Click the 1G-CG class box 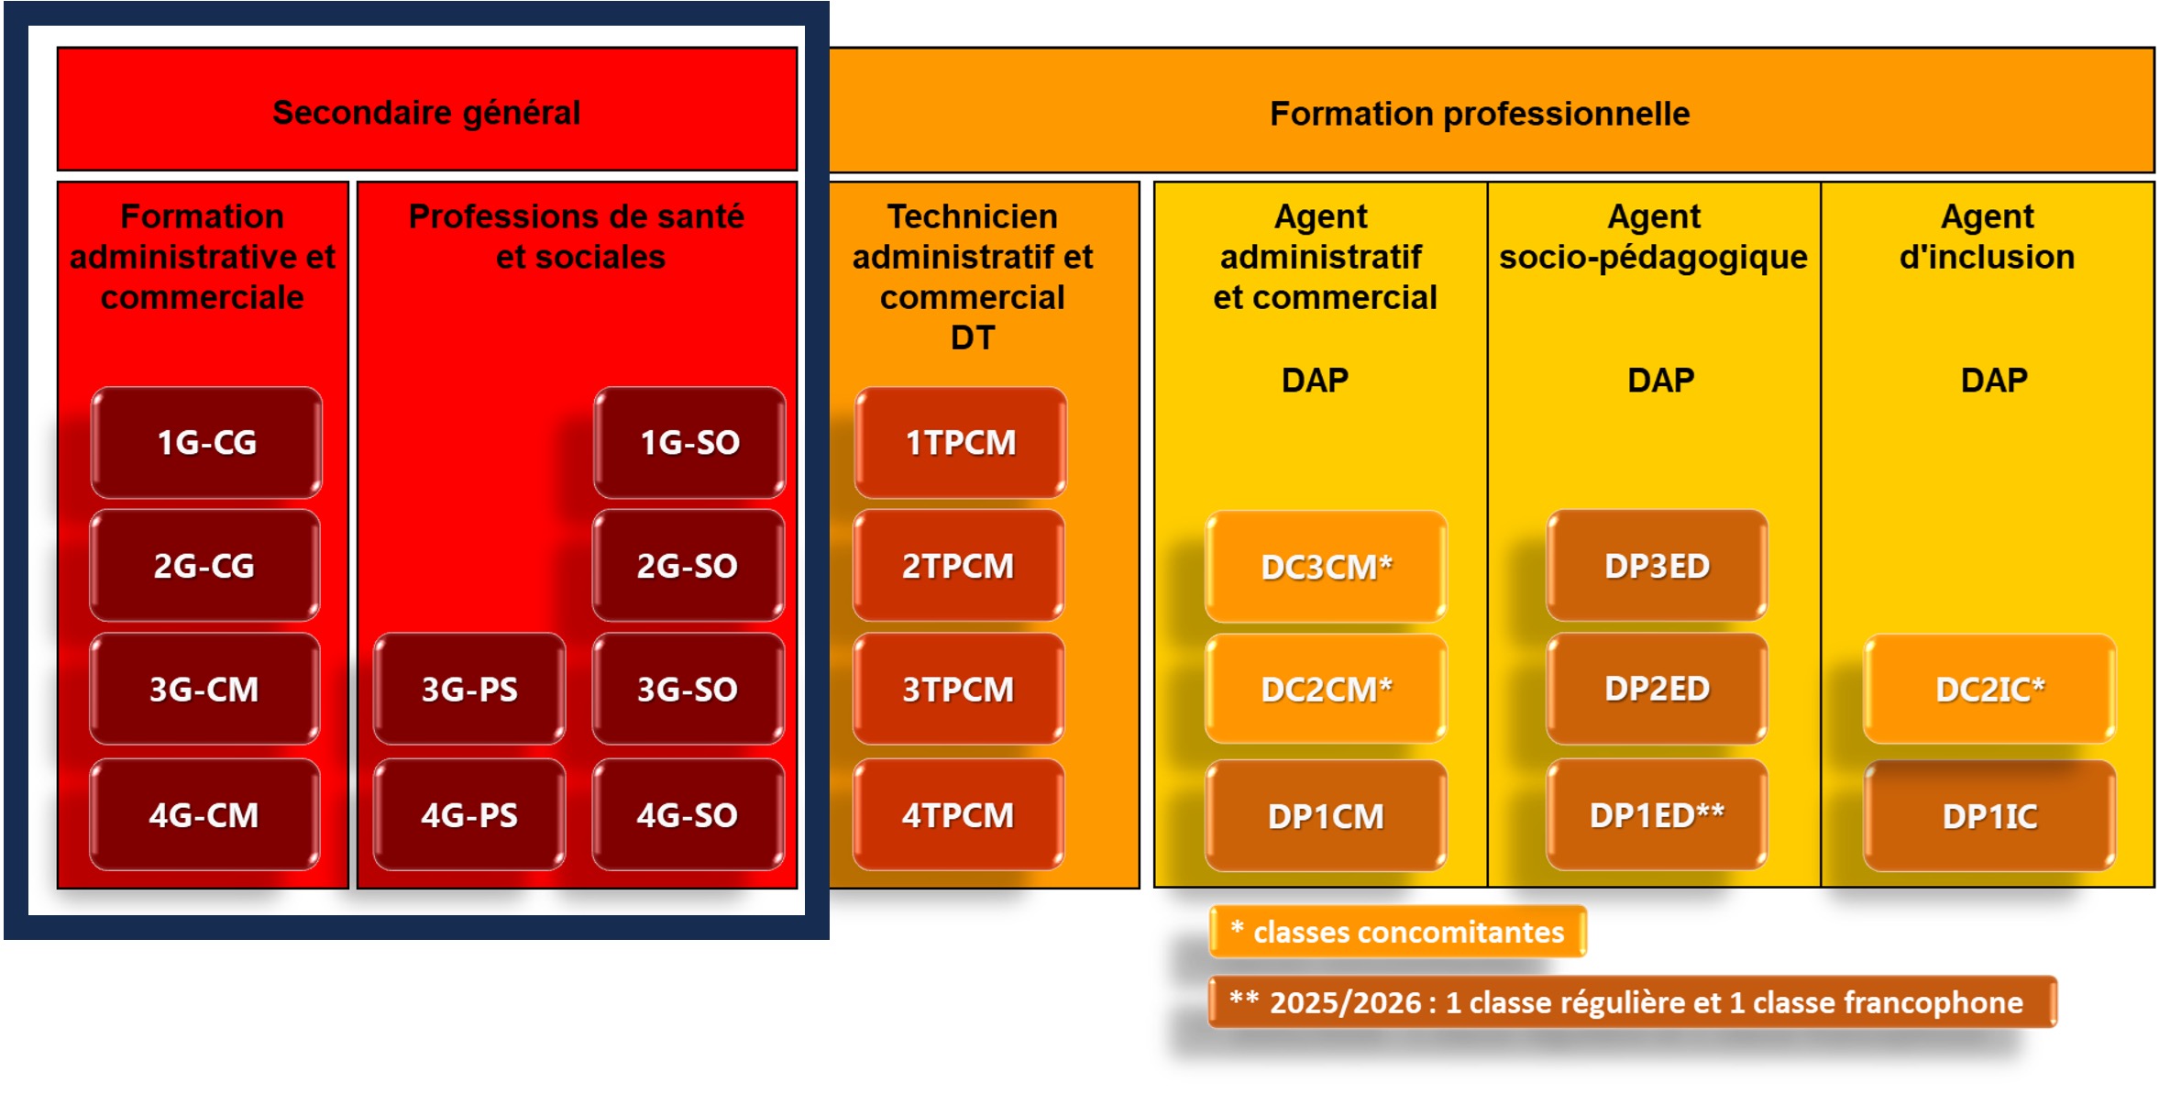[206, 442]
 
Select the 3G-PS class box [469, 689]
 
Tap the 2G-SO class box [688, 566]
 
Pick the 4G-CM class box [204, 814]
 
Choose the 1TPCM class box [960, 442]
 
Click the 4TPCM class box [958, 814]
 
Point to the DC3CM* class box [1326, 567]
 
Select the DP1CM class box [1326, 815]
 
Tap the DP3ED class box [1657, 566]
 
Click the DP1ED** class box [1657, 814]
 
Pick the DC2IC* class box [1989, 689]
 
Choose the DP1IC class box [1989, 815]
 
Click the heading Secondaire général [426, 113]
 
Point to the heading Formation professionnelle [1480, 114]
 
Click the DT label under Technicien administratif [973, 337]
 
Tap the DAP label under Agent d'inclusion [1994, 380]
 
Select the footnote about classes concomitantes [1398, 932]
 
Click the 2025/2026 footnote [1633, 1002]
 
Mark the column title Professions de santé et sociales [577, 237]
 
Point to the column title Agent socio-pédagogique [1654, 237]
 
